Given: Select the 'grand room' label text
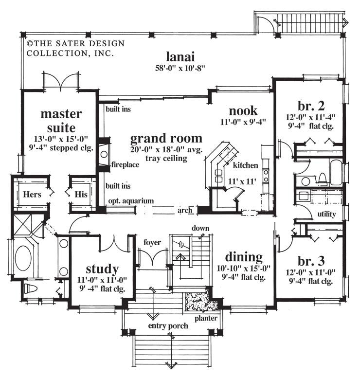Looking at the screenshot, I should coord(166,138).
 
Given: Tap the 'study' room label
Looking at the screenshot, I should coord(102,269).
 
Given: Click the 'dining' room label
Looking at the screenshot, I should coord(244,257).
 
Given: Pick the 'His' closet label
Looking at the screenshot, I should coord(80,194).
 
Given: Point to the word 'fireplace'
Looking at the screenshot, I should coord(125,164).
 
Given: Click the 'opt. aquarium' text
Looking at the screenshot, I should coord(130,200).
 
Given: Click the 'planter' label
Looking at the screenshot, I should coord(206,318).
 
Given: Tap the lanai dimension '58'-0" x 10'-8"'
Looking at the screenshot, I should coord(178,68).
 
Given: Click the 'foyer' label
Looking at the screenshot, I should coord(152,242).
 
